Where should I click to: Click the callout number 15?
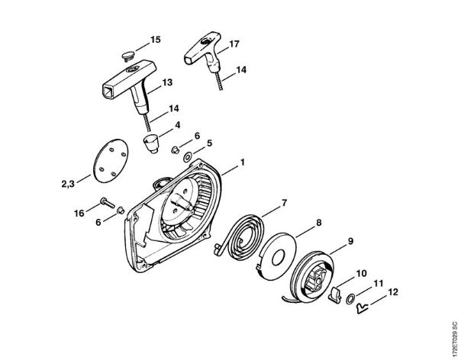tap(156, 40)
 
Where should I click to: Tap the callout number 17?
tap(234, 43)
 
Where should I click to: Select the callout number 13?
tap(167, 82)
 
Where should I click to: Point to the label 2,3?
tap(68, 184)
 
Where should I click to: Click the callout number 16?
tap(79, 214)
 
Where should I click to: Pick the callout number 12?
tap(393, 292)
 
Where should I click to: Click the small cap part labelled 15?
tap(127, 56)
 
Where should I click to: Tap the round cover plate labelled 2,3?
tap(111, 161)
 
